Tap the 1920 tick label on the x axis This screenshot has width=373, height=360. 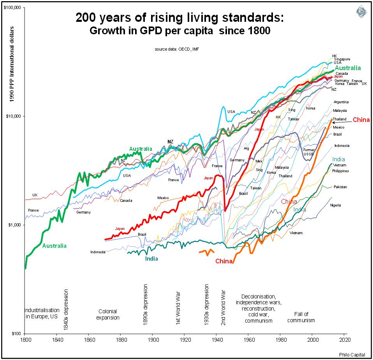tap(185, 339)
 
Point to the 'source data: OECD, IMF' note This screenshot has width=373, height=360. tap(177, 49)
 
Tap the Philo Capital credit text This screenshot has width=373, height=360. tap(352, 355)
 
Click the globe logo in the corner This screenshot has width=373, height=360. tap(362, 12)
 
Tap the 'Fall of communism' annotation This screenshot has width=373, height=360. tap(301, 317)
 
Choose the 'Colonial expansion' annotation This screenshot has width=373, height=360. tap(108, 314)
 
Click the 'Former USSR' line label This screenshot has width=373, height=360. tap(309, 152)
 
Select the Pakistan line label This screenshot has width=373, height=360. tap(340, 187)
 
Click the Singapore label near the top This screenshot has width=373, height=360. tap(342, 59)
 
